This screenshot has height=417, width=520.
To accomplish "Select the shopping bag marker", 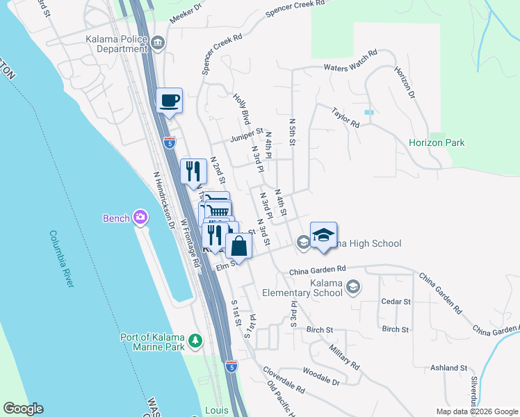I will pyautogui.click(x=238, y=246).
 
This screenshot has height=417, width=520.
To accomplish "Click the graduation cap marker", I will pyautogui.click(x=323, y=235).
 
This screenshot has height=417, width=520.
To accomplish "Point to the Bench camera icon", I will pyautogui.click(x=140, y=218).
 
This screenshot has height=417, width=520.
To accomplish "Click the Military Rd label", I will pyautogui.click(x=345, y=357).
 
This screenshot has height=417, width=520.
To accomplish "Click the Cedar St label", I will pyautogui.click(x=397, y=302).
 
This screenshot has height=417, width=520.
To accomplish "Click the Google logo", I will pyautogui.click(x=23, y=409).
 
